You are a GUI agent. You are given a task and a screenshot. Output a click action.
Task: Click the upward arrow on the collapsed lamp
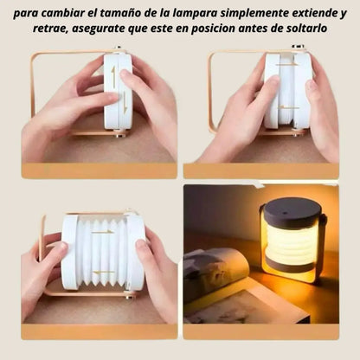(112, 75)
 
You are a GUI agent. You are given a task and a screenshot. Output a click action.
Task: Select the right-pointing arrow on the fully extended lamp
(103, 231)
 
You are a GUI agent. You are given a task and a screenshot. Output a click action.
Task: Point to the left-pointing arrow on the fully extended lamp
(103, 271)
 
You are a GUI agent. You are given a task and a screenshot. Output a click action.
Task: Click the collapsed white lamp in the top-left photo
(117, 91)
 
